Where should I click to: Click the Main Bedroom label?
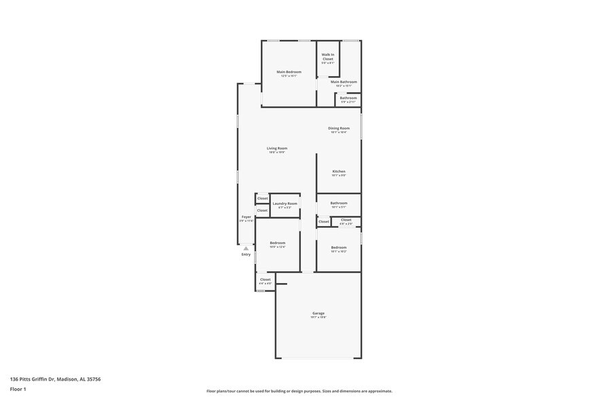pos(289,72)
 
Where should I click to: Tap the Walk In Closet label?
pos(328,56)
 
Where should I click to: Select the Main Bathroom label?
pos(344,82)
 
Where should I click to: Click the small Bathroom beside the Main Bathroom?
pos(348,98)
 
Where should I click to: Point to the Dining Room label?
pos(338,128)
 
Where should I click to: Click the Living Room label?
pos(276,149)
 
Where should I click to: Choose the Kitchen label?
pos(338,172)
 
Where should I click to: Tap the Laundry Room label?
pos(285,204)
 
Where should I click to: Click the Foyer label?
pos(246,217)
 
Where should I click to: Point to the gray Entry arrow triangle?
pos(246,248)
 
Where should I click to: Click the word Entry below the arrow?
pos(246,254)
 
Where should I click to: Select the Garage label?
pos(319,313)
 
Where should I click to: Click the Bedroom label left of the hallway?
pos(277,243)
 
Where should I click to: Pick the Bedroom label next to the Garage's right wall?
pos(338,248)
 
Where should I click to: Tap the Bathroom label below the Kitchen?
pos(338,203)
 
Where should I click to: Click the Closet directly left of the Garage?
pos(265,280)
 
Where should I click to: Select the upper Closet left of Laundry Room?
pos(262,198)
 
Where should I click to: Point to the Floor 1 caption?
pos(18,389)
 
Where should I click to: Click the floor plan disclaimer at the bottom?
pos(299,391)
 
